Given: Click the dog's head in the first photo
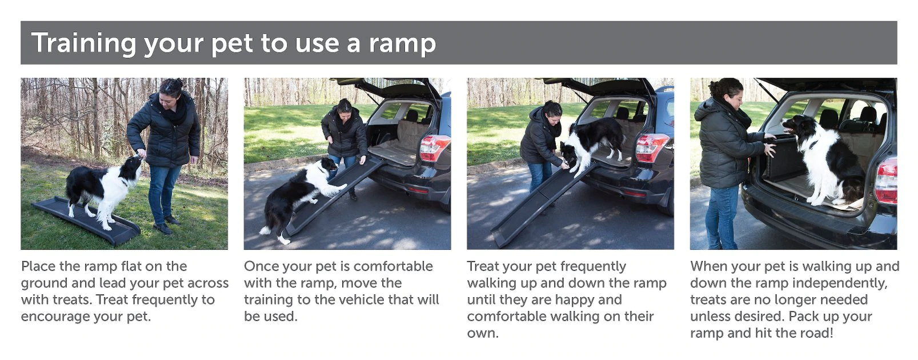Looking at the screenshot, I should (134, 165).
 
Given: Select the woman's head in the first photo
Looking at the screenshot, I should (170, 90).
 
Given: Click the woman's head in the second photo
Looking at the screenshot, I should (344, 107).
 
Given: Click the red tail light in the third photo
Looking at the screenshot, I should (651, 147).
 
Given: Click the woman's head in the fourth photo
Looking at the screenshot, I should (726, 91).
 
